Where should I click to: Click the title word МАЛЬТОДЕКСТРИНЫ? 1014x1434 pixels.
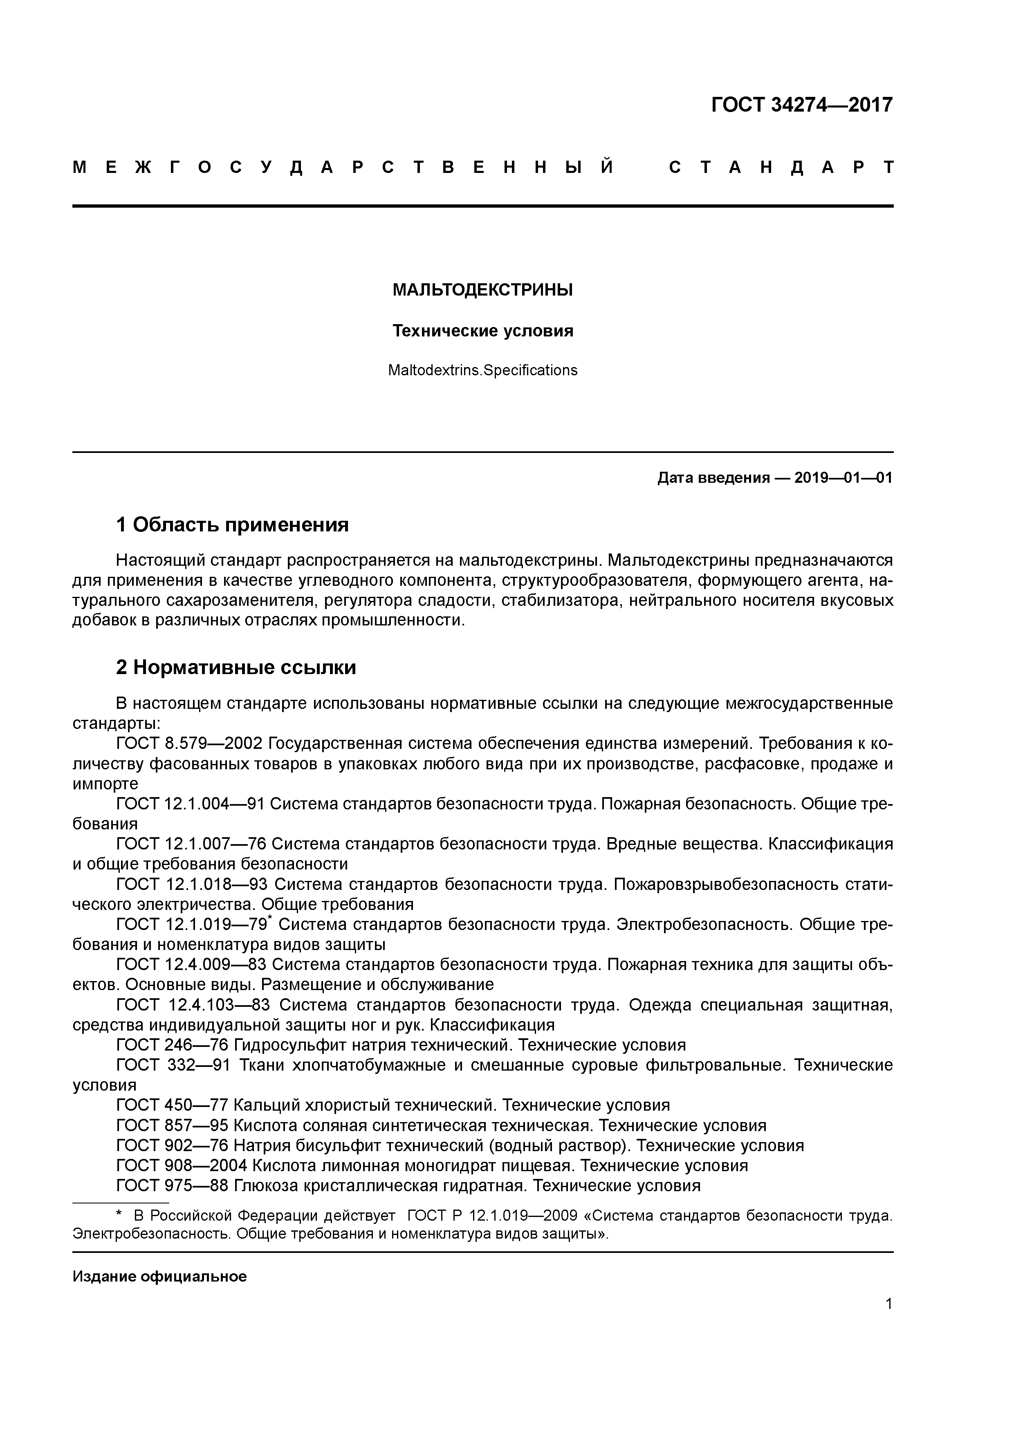(x=482, y=290)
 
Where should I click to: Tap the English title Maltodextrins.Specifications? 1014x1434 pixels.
(x=482, y=370)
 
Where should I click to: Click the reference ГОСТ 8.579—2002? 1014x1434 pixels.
(x=191, y=744)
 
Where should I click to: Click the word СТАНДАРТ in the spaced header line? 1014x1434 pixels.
(x=781, y=167)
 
